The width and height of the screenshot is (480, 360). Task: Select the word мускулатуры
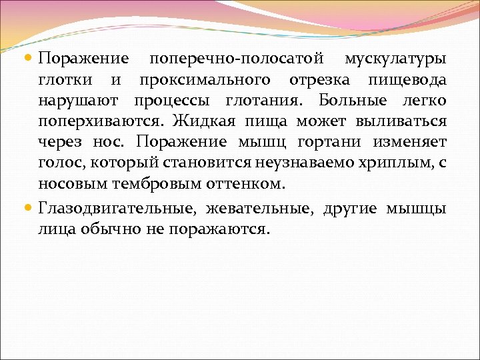(x=395, y=59)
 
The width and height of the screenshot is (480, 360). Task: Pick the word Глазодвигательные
(x=116, y=209)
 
